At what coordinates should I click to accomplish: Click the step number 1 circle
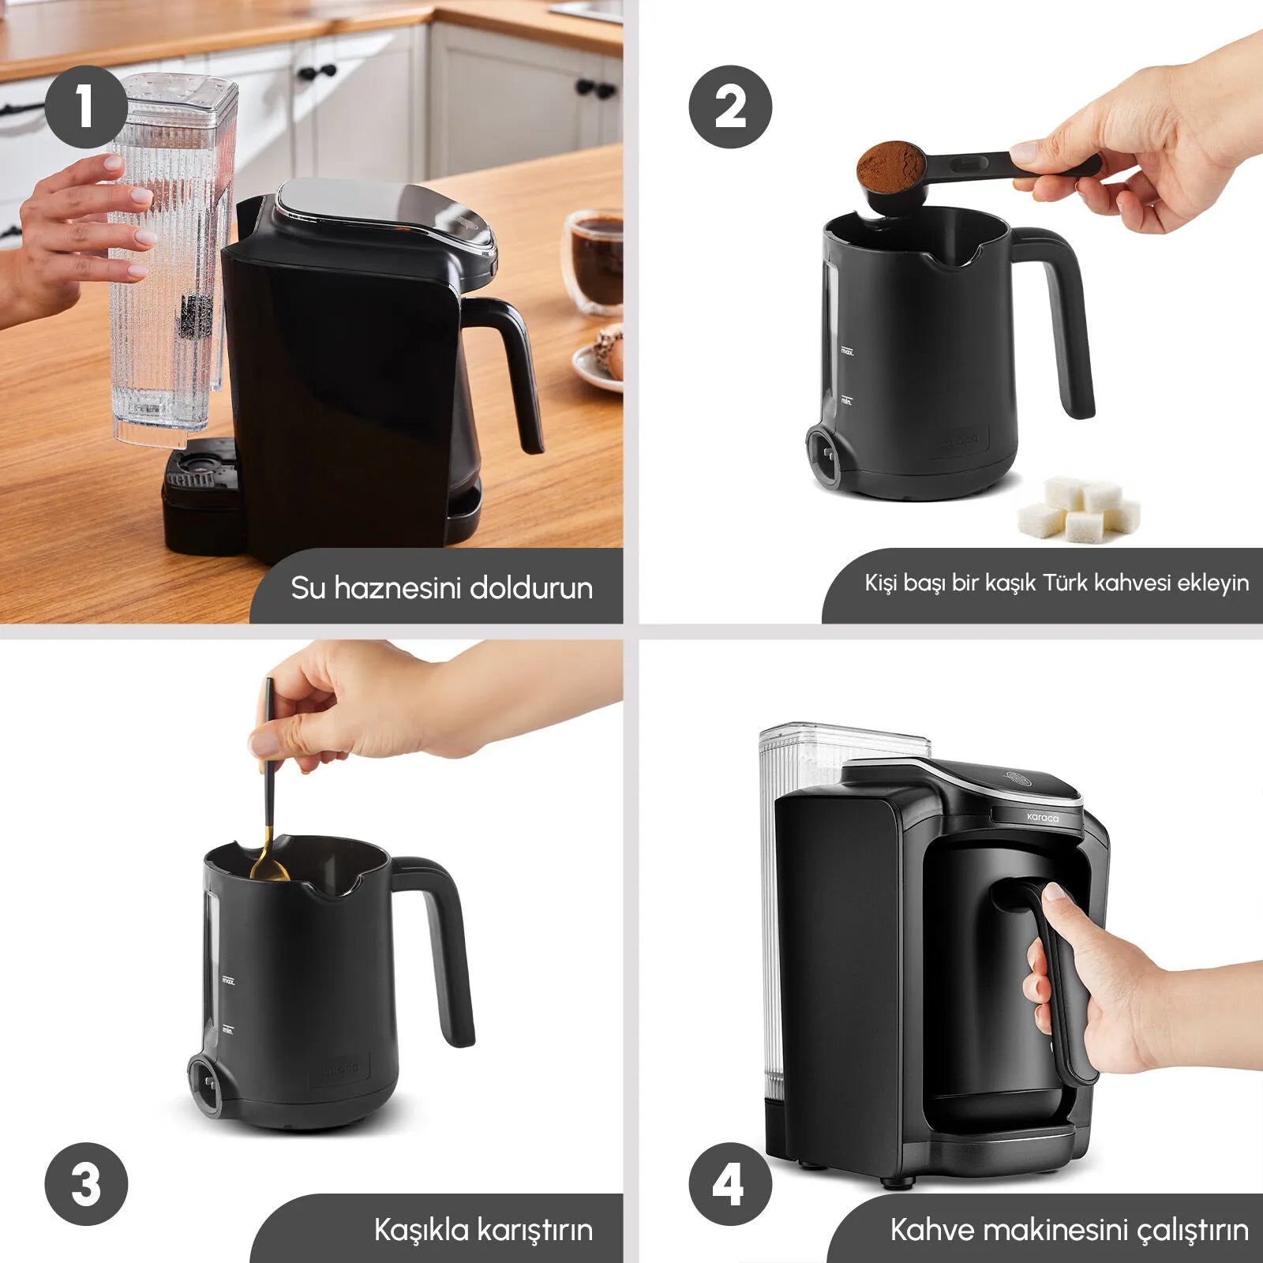point(85,107)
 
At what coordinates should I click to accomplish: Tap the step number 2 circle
point(730,107)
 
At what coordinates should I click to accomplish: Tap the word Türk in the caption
point(1066,583)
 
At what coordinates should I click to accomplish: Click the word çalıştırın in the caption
point(1193,1231)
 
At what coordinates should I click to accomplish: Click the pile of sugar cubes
point(1078,508)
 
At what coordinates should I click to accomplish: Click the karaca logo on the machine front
point(1043,818)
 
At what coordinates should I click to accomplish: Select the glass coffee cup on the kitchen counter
point(593,262)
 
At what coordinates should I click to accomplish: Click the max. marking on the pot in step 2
point(847,351)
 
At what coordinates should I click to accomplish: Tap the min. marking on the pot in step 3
point(227,1031)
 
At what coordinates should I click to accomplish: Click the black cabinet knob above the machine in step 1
point(317,74)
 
